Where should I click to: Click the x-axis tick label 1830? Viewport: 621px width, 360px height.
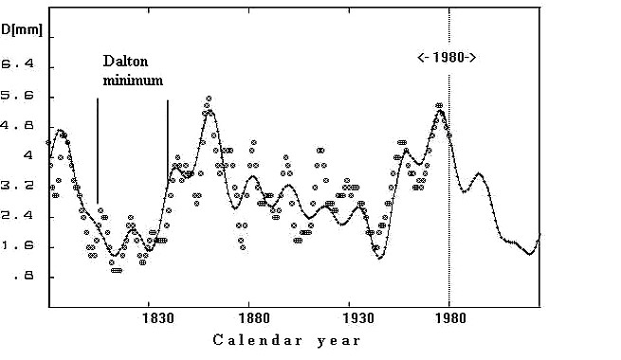point(157,317)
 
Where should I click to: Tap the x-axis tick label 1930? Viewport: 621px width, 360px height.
point(357,317)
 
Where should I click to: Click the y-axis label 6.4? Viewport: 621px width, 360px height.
point(18,63)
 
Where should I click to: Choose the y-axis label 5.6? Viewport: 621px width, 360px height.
point(18,96)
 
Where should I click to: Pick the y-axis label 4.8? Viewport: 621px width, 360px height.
point(18,125)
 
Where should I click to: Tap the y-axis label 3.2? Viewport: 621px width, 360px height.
point(18,185)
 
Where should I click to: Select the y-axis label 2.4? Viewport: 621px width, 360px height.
point(18,216)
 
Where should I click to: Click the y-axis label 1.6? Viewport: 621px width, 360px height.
point(18,245)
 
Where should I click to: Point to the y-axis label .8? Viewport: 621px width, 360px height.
point(24,276)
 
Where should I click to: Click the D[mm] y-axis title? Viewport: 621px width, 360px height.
point(22,29)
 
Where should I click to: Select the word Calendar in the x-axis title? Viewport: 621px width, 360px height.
point(258,340)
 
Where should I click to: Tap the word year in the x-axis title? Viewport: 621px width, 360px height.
point(339,341)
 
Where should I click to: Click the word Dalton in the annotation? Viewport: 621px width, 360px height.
point(125,61)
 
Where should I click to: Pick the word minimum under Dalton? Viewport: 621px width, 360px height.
point(133,81)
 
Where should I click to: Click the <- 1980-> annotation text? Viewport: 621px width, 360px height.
point(447,58)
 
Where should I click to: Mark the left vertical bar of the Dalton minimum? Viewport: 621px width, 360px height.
point(98,151)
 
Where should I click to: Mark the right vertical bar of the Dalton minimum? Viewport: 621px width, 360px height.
point(168,141)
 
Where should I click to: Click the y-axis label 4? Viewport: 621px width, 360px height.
point(28,154)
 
